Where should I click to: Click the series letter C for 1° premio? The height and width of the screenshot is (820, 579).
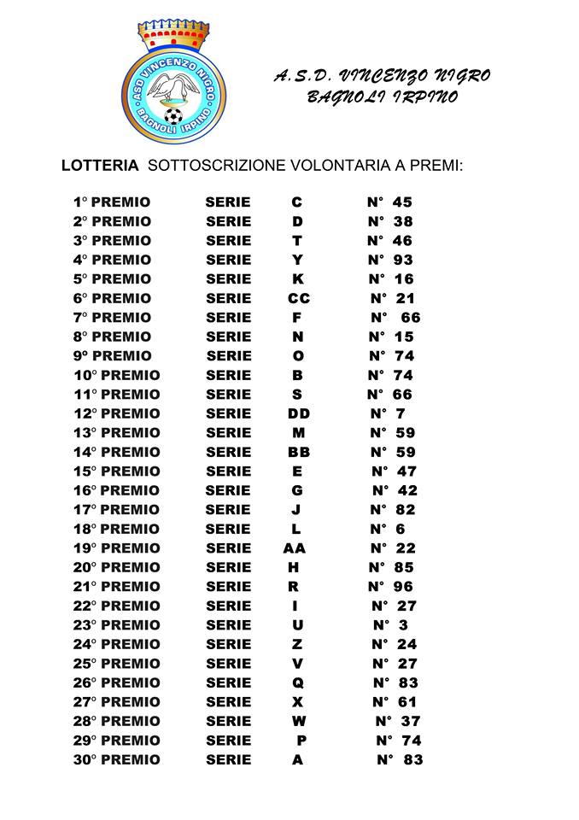tap(297, 202)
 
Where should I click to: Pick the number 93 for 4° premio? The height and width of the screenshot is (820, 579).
tap(403, 260)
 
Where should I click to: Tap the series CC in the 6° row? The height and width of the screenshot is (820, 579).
tap(299, 298)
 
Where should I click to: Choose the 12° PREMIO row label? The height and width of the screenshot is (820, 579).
tap(117, 413)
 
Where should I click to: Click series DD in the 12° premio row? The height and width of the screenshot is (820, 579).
tap(299, 413)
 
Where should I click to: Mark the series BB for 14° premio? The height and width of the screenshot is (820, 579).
tap(299, 452)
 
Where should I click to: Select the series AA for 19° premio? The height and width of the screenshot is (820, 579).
tap(295, 548)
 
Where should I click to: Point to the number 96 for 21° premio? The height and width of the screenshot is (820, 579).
tap(403, 587)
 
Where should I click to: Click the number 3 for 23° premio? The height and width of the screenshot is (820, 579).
tap(403, 625)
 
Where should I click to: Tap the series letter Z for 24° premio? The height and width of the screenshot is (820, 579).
tap(297, 644)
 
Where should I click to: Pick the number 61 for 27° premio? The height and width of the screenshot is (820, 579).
tap(407, 702)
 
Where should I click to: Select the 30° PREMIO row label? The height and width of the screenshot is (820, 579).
tap(117, 759)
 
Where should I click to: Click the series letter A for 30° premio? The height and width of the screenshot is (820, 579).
tap(297, 759)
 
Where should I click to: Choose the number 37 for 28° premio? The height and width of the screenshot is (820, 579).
tap(410, 721)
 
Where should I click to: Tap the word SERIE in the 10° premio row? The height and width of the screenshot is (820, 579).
tap(229, 375)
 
